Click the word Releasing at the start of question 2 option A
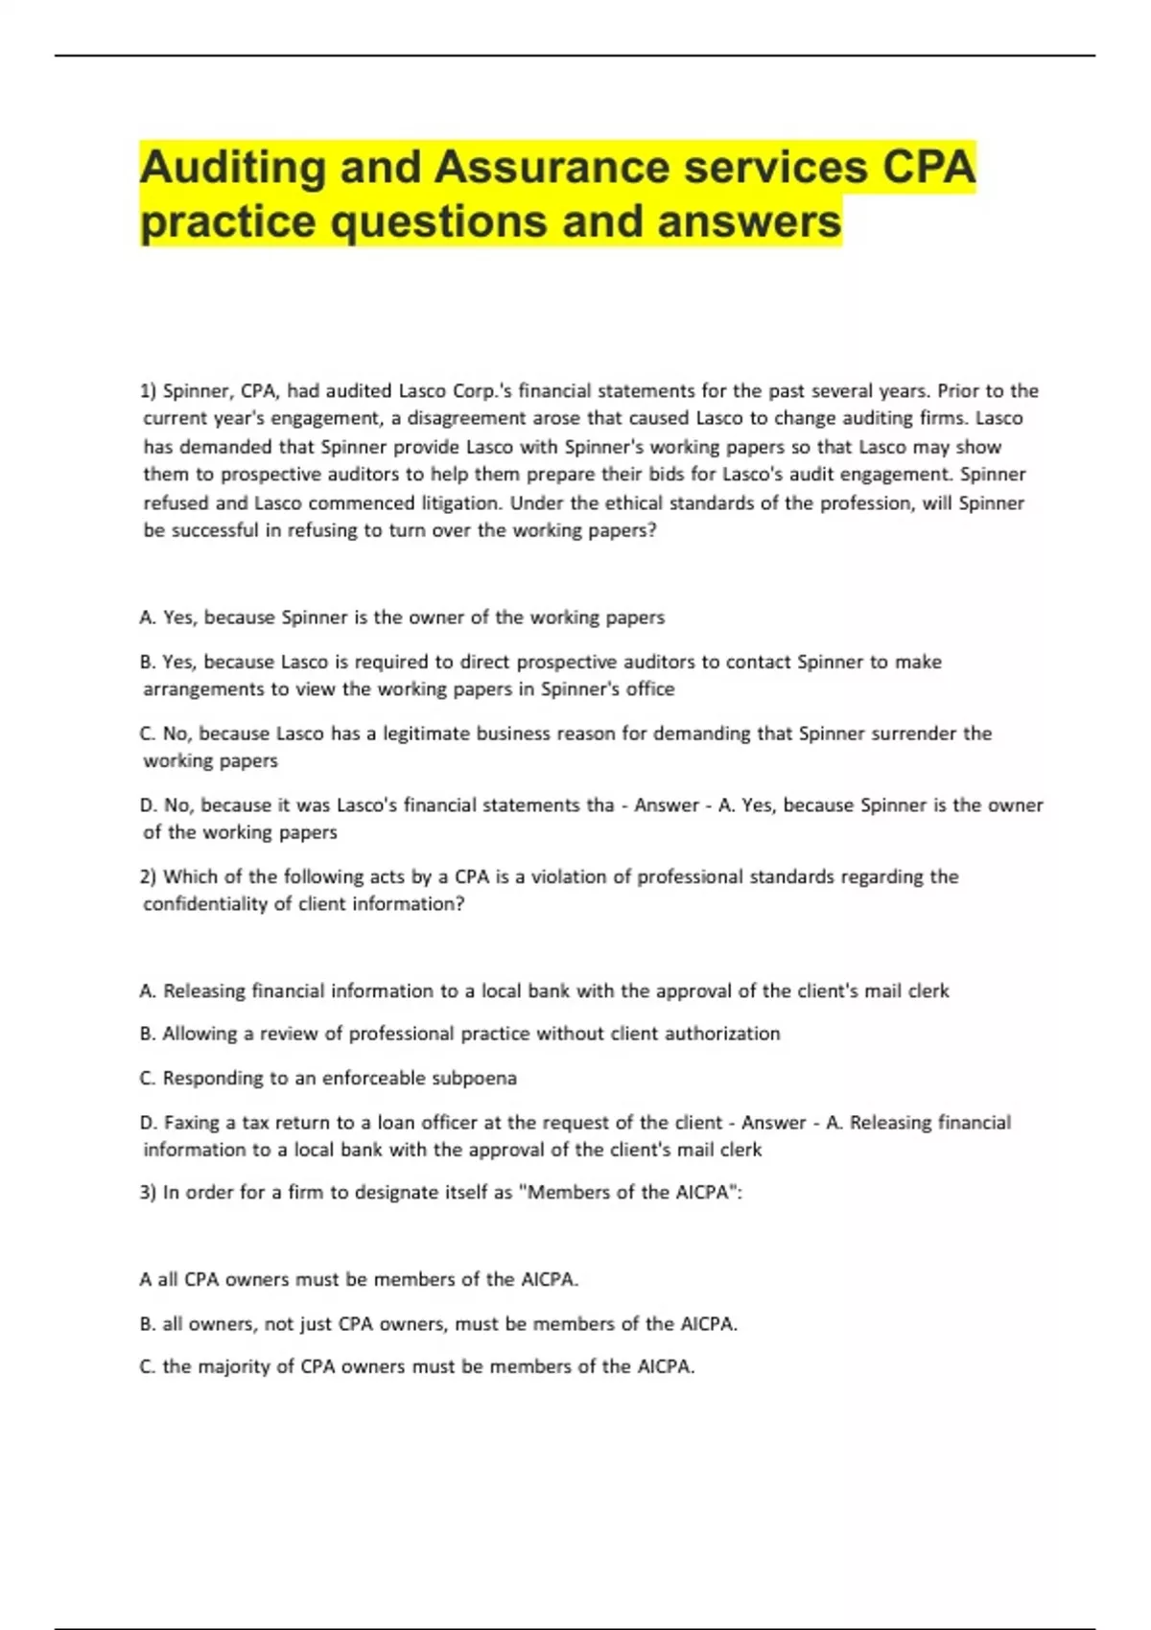coord(204,991)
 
